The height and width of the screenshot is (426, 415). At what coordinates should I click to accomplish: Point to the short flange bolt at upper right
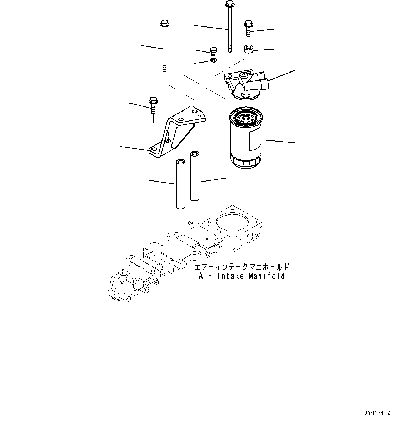click(x=249, y=28)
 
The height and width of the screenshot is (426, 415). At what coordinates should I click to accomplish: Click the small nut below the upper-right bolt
click(x=248, y=49)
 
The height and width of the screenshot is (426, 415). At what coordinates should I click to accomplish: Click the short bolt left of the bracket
click(x=153, y=104)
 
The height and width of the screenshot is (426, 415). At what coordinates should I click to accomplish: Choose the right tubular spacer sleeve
click(x=195, y=176)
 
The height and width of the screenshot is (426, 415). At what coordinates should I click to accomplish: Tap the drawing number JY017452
click(x=377, y=413)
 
